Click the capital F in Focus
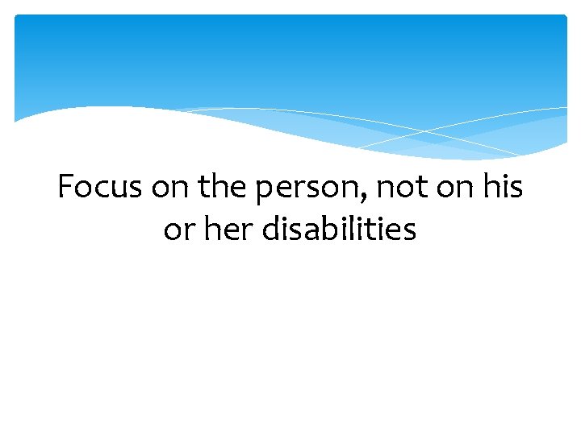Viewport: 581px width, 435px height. pos(65,188)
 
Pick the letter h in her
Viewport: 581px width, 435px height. pos(206,230)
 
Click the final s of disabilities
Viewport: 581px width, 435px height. pos(410,232)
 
